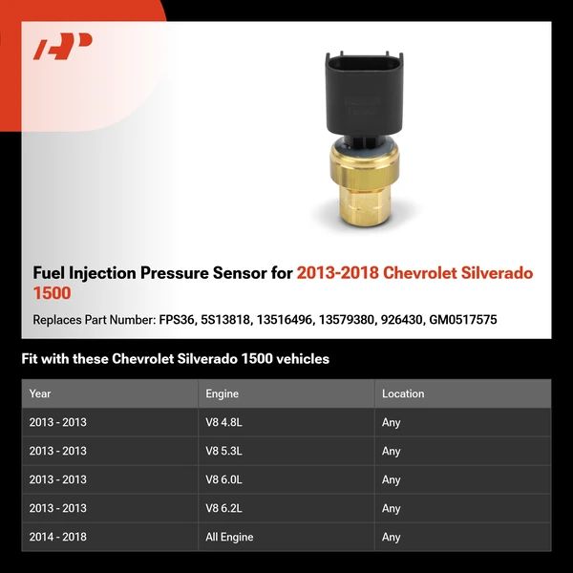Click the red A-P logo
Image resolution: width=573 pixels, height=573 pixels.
[62, 47]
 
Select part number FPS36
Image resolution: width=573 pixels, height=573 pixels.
[175, 320]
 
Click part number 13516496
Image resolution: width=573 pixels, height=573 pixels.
[283, 320]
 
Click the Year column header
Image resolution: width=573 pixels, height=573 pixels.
[40, 393]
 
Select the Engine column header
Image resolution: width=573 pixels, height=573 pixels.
[222, 393]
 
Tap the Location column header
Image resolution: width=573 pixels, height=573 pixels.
[403, 393]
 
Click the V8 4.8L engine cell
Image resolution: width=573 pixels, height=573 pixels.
[226, 422]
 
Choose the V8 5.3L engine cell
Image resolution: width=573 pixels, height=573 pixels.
[226, 451]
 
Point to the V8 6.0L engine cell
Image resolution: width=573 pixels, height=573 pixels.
[226, 479]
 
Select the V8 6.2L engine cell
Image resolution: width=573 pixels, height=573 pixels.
[226, 508]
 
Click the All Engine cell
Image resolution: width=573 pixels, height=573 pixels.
[229, 537]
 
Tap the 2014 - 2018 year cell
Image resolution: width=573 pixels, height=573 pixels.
[57, 537]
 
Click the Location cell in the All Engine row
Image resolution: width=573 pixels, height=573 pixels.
[392, 537]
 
